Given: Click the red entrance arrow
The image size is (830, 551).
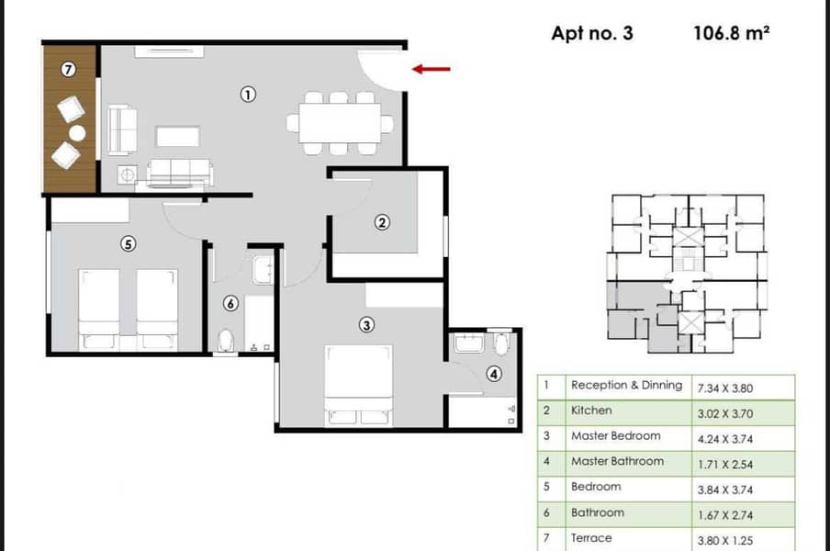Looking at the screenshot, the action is point(432,69).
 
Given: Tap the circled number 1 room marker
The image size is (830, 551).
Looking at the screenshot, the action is point(248,95).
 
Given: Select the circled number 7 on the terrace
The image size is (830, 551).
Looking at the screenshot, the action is point(68,70).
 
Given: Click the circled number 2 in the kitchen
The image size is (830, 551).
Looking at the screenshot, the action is point(382,222).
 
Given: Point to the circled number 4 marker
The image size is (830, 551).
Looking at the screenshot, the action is point(494,374).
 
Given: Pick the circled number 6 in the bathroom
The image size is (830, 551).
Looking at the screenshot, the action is point(230,303).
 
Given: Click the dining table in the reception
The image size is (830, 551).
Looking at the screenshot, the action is point(340,123).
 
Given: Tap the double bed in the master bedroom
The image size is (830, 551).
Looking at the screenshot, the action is point(358,386).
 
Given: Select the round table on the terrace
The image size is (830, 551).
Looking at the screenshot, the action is point(77,133).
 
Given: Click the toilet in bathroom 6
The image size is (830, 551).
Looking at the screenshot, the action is point(226,341).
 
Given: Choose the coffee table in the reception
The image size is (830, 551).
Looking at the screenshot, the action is point(178,136).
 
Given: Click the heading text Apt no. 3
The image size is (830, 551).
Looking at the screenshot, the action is point(592,33).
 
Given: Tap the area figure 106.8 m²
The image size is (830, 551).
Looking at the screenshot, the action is point(731,33).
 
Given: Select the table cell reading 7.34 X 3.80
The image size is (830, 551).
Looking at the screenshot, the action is point(724,388).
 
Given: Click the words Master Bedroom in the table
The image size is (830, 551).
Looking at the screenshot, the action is point(616,435).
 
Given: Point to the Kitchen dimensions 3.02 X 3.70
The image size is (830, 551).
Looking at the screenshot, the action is point(724,413).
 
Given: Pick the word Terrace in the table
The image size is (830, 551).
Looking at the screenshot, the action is point(591,538).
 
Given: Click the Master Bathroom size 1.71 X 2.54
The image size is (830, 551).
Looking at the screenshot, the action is point(724,464).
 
